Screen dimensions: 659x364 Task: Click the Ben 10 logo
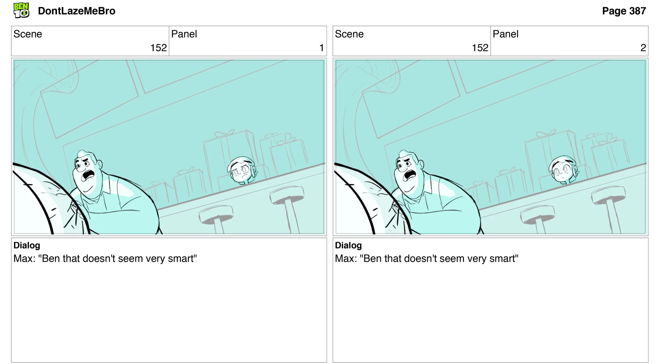coord(21,10)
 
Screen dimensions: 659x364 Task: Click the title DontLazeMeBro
coord(77,11)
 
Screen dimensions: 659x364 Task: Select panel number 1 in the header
coord(322,48)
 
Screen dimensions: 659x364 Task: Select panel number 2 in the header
coord(643,48)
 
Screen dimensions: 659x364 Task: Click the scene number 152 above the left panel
coord(159,48)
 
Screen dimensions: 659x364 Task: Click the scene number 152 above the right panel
coord(480,48)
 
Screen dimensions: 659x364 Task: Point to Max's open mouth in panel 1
coord(89,175)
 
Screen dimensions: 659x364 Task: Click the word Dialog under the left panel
coord(27,245)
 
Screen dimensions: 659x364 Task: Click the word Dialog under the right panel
coord(348,245)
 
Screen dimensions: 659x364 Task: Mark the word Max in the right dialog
coord(344,259)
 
